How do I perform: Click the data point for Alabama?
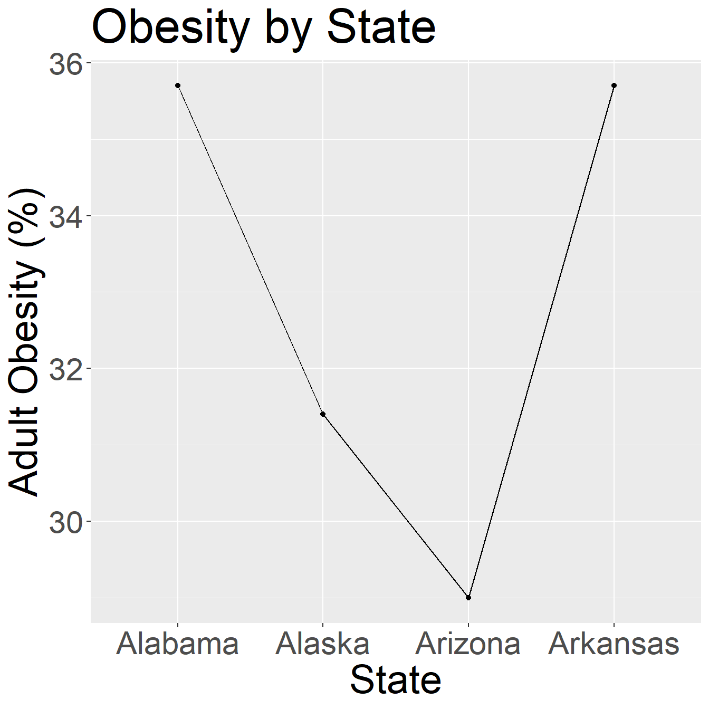click(178, 85)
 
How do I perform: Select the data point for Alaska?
click(323, 414)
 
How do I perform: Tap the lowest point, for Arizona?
click(468, 598)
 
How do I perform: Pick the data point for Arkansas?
click(614, 85)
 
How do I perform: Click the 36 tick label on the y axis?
click(65, 63)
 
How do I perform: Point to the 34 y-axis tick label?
click(65, 216)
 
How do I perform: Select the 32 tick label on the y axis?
click(65, 369)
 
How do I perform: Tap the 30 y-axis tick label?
click(65, 521)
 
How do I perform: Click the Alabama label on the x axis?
click(178, 644)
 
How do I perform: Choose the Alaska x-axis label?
click(323, 644)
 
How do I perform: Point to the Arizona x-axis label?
click(468, 644)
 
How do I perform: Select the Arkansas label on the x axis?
click(614, 644)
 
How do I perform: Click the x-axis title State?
click(396, 679)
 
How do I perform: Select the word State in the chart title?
click(381, 27)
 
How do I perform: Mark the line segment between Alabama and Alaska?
click(250, 250)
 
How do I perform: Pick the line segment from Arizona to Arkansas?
click(541, 341)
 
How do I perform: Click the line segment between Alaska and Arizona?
click(396, 506)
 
